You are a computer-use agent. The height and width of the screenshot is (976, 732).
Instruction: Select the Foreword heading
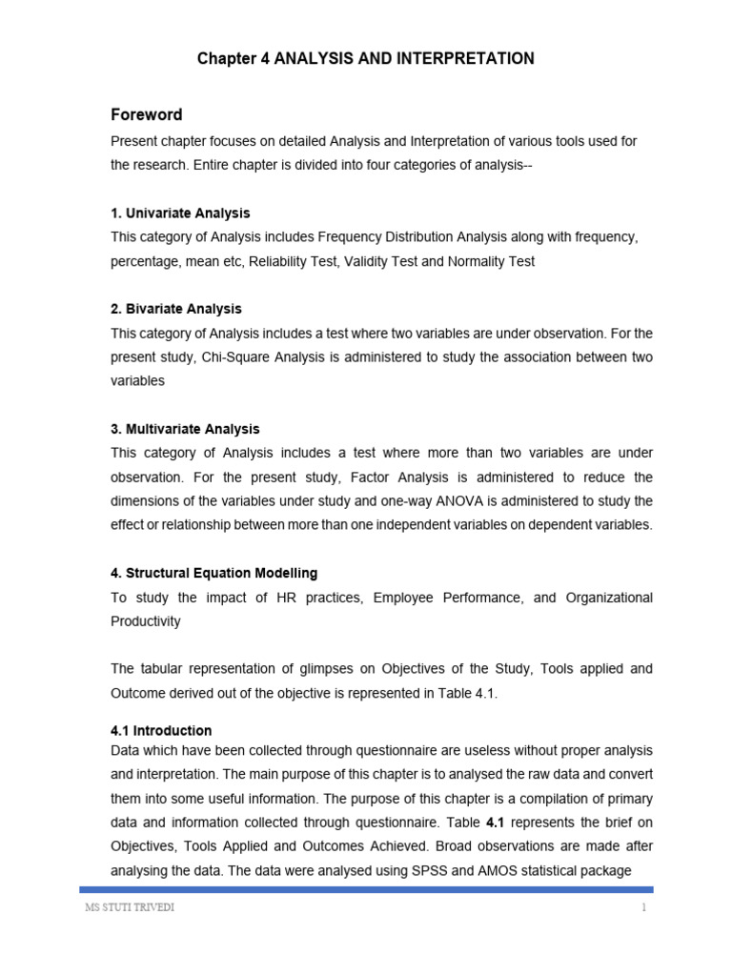(x=147, y=115)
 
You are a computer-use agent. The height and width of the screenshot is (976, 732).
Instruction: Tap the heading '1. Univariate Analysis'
(x=180, y=213)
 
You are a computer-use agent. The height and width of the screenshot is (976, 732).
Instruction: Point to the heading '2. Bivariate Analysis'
(x=176, y=309)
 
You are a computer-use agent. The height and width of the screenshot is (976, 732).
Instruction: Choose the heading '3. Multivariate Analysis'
(x=185, y=429)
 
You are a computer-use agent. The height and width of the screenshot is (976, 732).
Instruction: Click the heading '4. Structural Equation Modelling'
(x=214, y=573)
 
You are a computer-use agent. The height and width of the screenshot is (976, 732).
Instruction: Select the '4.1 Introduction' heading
(x=161, y=730)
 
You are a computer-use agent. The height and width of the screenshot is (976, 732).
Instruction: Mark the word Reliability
(x=281, y=261)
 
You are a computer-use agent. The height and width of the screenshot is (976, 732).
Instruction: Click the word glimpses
(x=320, y=669)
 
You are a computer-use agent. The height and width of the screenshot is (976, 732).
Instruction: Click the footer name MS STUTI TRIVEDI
(x=131, y=907)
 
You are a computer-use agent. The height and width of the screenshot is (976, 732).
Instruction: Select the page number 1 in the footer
(x=643, y=907)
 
